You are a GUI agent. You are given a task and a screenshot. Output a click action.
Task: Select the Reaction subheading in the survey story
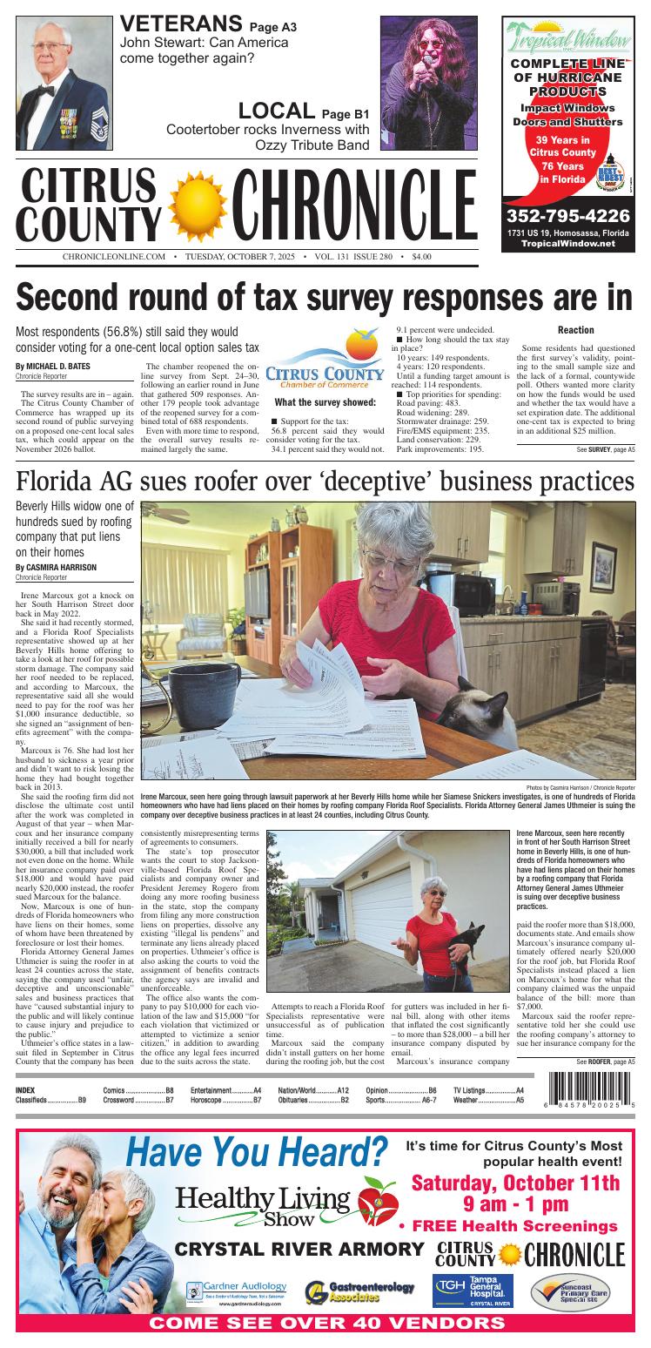tap(575, 330)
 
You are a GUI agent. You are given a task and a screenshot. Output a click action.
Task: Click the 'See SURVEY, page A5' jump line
tap(605, 449)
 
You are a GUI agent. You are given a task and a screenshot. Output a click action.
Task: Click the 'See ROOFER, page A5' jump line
tap(605, 1062)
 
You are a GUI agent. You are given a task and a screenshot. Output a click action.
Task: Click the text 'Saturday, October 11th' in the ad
tap(515, 1183)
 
